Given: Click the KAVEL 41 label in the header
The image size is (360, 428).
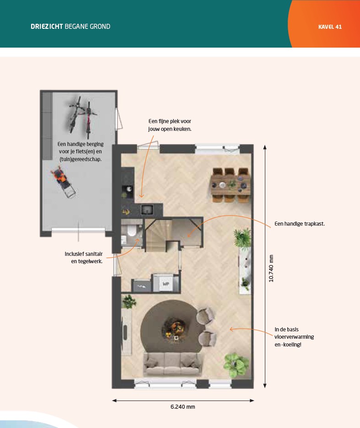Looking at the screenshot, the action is (330, 27).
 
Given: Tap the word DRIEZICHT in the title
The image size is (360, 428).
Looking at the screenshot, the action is (47, 27).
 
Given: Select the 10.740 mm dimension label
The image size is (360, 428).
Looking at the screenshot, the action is (271, 269).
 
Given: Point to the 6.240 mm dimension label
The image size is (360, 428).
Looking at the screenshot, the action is (183, 406).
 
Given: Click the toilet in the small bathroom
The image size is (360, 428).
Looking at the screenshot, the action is (131, 231).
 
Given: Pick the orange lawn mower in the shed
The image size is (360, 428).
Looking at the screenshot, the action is (63, 181).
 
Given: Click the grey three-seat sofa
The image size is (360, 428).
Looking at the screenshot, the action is (172, 364).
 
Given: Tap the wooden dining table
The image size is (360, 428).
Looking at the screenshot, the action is (231, 185).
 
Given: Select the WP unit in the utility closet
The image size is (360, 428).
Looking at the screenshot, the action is (166, 284).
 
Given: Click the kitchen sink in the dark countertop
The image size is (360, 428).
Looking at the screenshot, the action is (147, 210).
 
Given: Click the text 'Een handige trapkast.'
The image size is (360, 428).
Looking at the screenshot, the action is (300, 224).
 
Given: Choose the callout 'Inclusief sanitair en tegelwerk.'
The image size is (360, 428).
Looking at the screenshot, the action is (84, 257).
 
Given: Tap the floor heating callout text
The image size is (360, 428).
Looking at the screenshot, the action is (294, 337).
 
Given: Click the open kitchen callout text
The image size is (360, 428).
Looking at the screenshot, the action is (170, 125).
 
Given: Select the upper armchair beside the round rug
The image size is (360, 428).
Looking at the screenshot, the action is (206, 315).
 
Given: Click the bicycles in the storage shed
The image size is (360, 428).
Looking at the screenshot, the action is (82, 117).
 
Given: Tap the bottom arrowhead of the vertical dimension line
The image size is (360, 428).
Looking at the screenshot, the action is (264, 385).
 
